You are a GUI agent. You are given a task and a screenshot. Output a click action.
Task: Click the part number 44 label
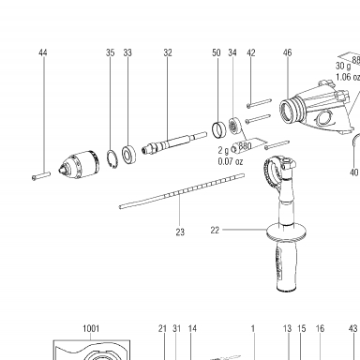tap(43, 52)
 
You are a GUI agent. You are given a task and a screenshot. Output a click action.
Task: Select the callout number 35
tap(111, 52)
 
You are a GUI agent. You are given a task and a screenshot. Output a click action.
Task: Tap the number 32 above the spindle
tap(168, 52)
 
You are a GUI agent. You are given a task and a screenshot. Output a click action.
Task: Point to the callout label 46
tap(287, 52)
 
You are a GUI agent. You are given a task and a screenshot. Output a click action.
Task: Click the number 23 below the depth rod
tap(180, 232)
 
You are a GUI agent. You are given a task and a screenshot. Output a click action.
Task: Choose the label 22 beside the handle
tap(215, 231)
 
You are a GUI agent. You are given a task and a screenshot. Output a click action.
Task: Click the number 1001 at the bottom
tap(91, 329)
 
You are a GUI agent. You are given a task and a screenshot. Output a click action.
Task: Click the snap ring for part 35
tap(112, 159)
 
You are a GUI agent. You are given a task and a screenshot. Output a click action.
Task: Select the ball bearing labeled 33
tap(128, 155)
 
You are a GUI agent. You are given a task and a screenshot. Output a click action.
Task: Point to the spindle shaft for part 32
tap(174, 142)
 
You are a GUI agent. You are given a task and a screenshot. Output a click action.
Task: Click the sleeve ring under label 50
tap(218, 129)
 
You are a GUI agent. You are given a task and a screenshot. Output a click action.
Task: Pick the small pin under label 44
tap(41, 176)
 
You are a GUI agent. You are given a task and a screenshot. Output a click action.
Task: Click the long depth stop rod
tap(182, 191)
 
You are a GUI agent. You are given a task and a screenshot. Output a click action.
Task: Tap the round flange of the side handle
tap(286, 232)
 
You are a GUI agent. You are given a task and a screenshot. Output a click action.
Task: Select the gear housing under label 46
tap(317, 108)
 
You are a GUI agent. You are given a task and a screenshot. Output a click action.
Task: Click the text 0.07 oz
tap(231, 162)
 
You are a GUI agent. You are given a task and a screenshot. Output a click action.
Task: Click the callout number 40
tap(353, 172)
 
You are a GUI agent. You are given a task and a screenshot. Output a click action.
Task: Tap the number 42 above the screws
tap(251, 52)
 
